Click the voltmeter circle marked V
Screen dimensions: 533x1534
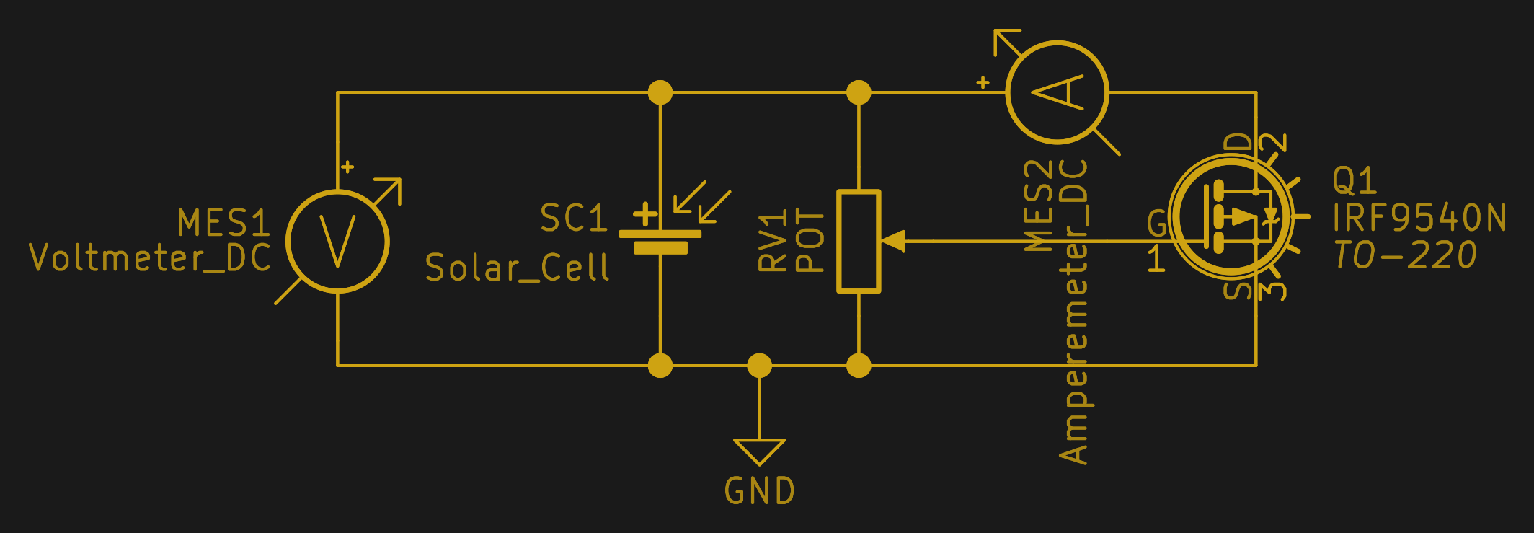[337, 242]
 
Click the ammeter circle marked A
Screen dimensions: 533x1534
[1058, 92]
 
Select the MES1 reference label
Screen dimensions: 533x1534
[223, 223]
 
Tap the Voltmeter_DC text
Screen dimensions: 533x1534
[150, 257]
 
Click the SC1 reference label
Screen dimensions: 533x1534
[574, 219]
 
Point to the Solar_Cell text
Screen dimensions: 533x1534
[517, 268]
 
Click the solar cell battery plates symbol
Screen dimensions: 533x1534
[660, 241]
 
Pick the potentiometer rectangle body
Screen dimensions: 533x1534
[859, 242]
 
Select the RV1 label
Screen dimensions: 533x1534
[772, 242]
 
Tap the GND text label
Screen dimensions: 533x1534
[760, 492]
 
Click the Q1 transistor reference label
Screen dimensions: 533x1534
[1355, 180]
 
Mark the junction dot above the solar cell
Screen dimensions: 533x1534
[660, 92]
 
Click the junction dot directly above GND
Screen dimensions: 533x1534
[760, 366]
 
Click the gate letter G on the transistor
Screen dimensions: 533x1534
[1156, 224]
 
